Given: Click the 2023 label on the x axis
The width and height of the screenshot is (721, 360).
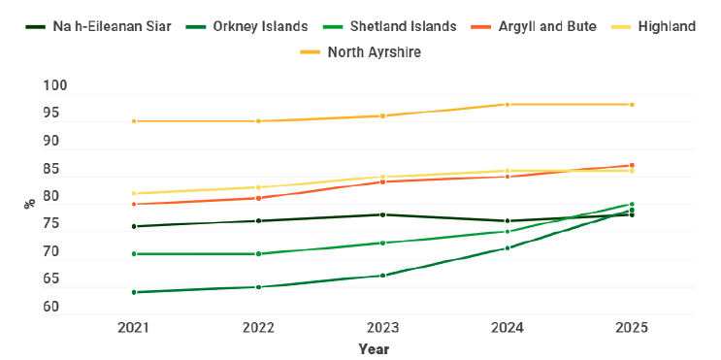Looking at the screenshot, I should coord(382,328).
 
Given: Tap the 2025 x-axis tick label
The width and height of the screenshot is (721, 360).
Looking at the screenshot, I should coord(632,328).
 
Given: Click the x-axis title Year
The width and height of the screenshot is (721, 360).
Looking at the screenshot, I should coord(374,348).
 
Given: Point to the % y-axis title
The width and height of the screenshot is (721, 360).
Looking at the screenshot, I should coord(29,203).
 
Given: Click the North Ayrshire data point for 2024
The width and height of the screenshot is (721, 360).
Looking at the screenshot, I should coord(508,105).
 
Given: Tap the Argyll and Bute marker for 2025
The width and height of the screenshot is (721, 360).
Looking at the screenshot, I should coord(632,165).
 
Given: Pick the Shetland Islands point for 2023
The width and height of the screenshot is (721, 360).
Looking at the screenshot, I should coord(382,243).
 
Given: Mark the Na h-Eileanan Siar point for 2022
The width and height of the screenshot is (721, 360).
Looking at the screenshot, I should coord(258,221).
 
